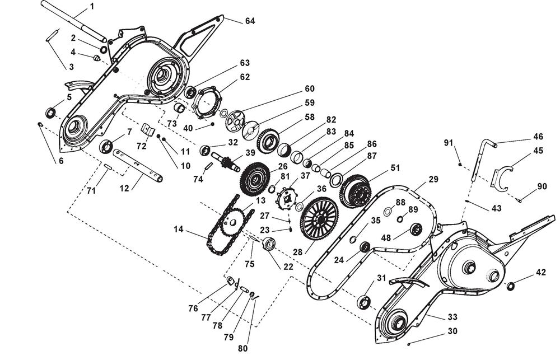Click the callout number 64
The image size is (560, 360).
pos(250,21)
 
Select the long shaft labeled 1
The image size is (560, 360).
pos(73,22)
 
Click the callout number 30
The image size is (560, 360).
pos(452,331)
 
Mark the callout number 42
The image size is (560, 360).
pos(540,273)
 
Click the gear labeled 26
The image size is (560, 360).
pos(255,178)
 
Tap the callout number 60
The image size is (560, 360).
pos(310,88)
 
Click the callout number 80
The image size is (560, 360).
pos(242,348)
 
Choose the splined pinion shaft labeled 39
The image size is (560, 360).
pos(227,162)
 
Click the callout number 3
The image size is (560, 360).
pos(71,67)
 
